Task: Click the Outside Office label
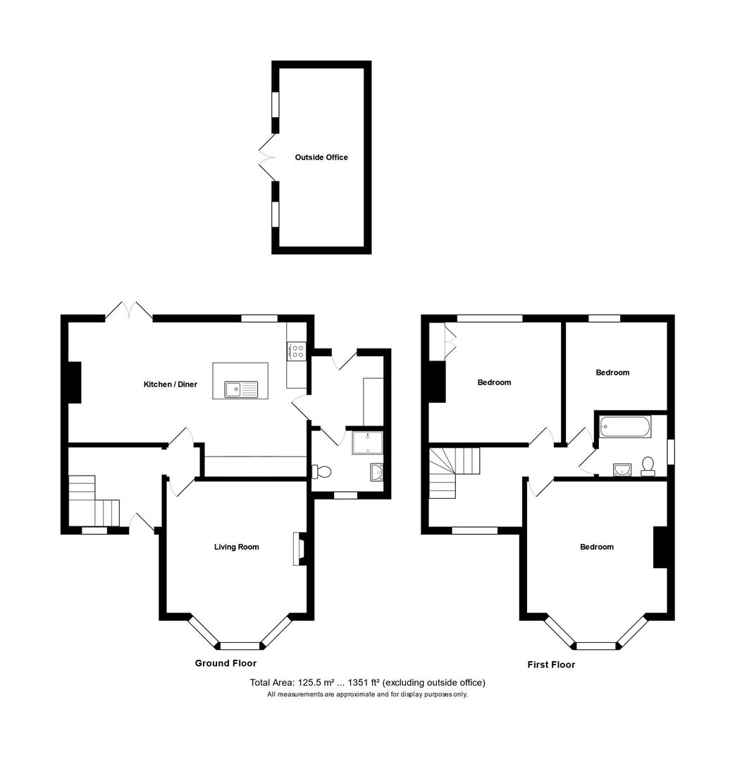[321, 157]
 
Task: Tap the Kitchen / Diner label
[171, 385]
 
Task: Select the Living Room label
[236, 547]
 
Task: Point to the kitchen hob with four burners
[296, 351]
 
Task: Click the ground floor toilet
[321, 471]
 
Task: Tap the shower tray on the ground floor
[368, 442]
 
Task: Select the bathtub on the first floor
[624, 427]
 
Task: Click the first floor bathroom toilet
[648, 466]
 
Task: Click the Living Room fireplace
[299, 548]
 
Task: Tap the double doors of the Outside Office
[266, 158]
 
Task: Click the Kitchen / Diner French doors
[129, 312]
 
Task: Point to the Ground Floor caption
[226, 663]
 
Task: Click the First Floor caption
[551, 665]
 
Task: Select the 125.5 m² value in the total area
[320, 682]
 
